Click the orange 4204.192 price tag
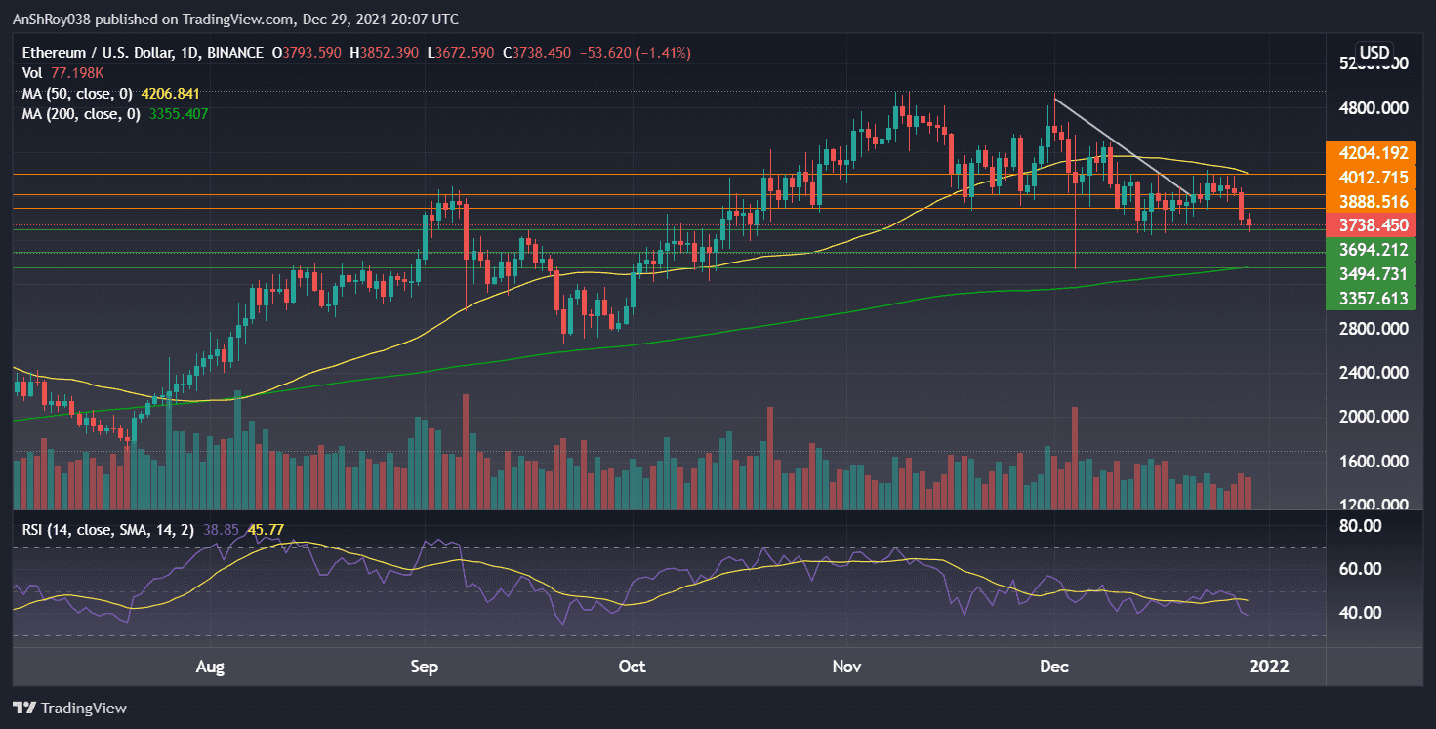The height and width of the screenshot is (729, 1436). (x=1374, y=152)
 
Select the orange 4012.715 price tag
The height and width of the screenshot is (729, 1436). (x=1374, y=177)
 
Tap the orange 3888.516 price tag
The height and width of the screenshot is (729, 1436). (x=1374, y=201)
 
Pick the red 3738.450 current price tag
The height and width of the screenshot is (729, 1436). (x=1374, y=225)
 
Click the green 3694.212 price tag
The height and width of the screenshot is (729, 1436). (x=1374, y=250)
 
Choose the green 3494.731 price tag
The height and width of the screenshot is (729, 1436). (x=1374, y=273)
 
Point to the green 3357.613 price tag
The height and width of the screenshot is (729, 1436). (x=1374, y=298)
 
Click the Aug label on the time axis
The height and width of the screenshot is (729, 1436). (x=211, y=668)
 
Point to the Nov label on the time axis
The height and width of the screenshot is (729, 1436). (x=846, y=668)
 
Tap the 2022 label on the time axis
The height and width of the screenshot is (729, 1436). (x=1268, y=668)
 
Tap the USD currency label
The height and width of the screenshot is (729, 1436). (x=1374, y=52)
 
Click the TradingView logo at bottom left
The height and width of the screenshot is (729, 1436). (x=70, y=708)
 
